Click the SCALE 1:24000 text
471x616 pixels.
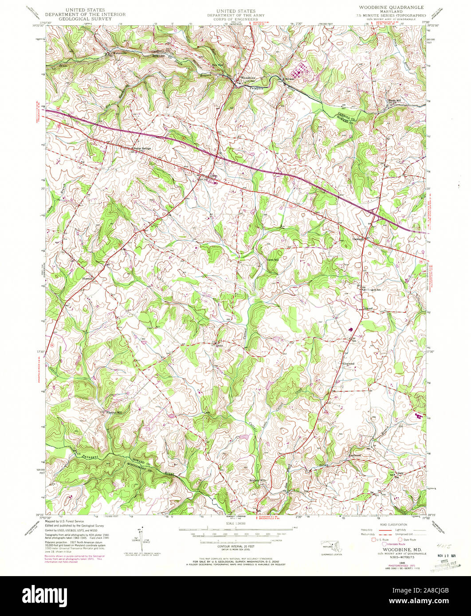tap(235, 523)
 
